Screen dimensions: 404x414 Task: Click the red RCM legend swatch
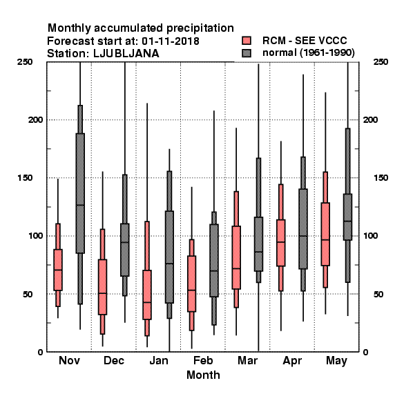coord(247,41)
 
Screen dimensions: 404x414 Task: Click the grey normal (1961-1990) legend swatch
coord(247,53)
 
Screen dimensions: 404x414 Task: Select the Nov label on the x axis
coord(69,360)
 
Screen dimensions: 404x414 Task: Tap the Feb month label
coord(203,360)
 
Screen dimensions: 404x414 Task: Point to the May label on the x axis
coord(336,361)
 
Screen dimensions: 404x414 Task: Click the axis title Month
coord(203,375)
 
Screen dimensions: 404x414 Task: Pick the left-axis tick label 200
coord(35,120)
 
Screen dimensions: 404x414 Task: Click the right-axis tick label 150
coord(381,178)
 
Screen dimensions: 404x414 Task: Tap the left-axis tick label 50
coord(28,294)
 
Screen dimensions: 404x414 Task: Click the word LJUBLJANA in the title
coord(126,54)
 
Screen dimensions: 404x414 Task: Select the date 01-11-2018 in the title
coord(171,41)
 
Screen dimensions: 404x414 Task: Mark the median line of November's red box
coord(58,270)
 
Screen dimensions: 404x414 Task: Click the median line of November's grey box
coord(80,205)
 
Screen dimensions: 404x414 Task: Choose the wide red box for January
coord(147,295)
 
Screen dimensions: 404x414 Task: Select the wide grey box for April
coord(303,229)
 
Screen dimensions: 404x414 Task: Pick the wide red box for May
coord(325,234)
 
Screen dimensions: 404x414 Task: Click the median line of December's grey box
coord(125,242)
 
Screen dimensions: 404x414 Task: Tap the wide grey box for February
coord(214,261)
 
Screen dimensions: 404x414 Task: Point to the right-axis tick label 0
coord(366,352)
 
